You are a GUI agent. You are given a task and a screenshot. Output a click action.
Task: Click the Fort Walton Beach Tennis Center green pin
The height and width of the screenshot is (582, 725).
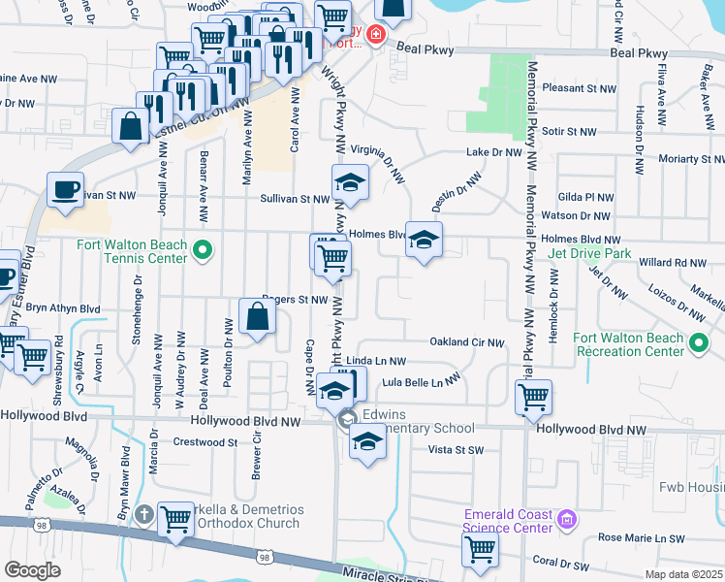click(202, 250)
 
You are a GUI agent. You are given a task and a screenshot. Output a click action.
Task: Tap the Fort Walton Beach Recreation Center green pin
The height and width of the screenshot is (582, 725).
click(698, 343)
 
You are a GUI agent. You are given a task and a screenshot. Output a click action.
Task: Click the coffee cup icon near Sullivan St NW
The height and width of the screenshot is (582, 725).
click(65, 190)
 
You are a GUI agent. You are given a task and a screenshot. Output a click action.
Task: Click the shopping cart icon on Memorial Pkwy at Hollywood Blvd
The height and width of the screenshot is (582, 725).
click(533, 397)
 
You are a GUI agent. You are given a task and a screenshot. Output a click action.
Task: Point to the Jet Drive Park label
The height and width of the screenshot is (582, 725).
click(588, 254)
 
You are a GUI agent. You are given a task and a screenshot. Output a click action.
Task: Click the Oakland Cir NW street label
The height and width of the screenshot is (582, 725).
click(467, 342)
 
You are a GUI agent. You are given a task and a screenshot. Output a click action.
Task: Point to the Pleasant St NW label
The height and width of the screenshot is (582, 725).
click(580, 88)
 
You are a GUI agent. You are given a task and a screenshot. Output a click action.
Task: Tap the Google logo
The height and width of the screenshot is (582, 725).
click(32, 570)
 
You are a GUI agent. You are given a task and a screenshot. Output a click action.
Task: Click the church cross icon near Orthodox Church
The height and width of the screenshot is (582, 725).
click(143, 513)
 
